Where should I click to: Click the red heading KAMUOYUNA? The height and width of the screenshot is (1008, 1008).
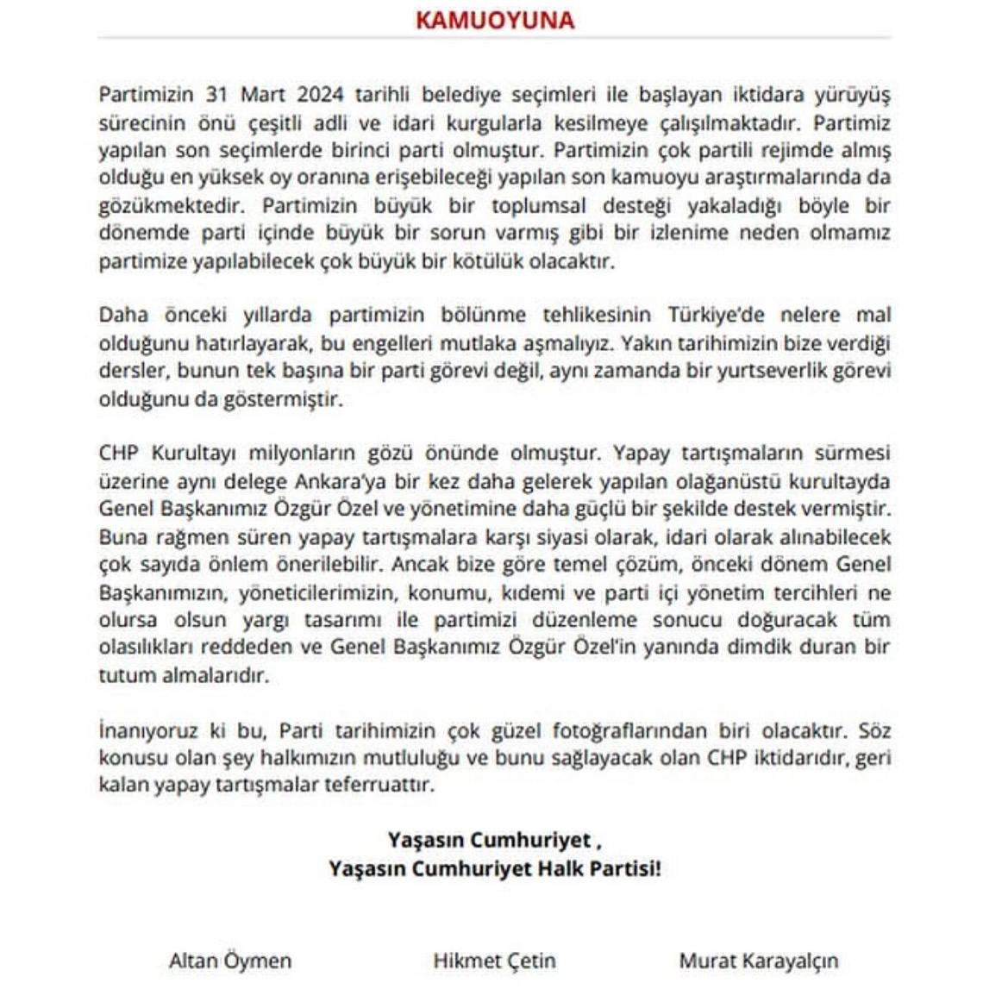click(x=495, y=20)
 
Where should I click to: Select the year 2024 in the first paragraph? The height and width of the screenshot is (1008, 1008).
click(x=324, y=94)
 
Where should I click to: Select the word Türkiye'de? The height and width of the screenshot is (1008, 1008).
click(x=716, y=315)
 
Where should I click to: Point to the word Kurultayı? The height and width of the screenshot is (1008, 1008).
click(x=195, y=454)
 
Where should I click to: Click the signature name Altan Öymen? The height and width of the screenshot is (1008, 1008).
click(x=230, y=961)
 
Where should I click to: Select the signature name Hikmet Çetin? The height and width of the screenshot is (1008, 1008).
click(x=494, y=961)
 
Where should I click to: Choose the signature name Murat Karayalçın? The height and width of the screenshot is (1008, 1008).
click(x=758, y=961)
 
